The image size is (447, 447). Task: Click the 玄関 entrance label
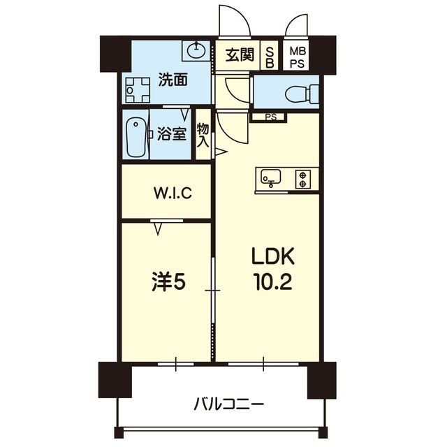[x=240, y=54]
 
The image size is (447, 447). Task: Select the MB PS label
[x=298, y=54]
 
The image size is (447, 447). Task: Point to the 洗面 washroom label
[x=172, y=80]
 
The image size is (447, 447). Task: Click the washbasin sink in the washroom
[x=196, y=50]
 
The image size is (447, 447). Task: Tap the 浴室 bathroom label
[x=170, y=133]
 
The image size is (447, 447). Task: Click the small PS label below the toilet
[x=270, y=117]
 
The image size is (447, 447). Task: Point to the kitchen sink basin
[x=270, y=179]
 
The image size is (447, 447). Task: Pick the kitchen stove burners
[x=303, y=179]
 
